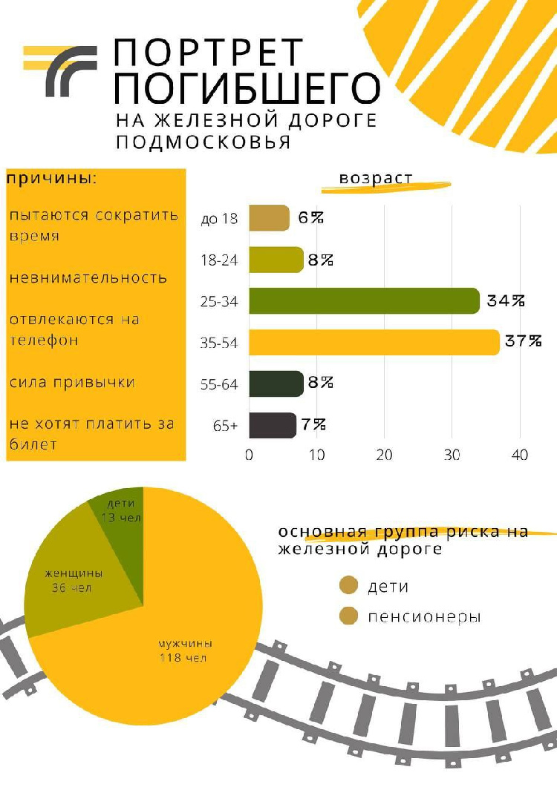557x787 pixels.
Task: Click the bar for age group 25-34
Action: pos(364,301)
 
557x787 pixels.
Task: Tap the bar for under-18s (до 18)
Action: pos(268,218)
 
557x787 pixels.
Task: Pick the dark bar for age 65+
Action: pos(272,426)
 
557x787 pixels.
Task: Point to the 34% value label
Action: pos(506,300)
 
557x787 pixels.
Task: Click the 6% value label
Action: pos(311,218)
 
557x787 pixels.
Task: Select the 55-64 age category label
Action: pos(220,385)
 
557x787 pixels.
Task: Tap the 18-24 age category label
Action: pos(220,260)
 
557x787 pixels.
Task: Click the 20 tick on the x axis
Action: pos(384,455)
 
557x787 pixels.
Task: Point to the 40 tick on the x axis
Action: pos(520,455)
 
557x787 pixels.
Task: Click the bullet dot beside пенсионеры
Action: pos(348,616)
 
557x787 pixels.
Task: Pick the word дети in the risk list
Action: pos(388,586)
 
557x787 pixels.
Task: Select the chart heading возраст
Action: pos(376,179)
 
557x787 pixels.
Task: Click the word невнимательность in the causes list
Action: pos(88,278)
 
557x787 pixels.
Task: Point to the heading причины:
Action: pos(52,180)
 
